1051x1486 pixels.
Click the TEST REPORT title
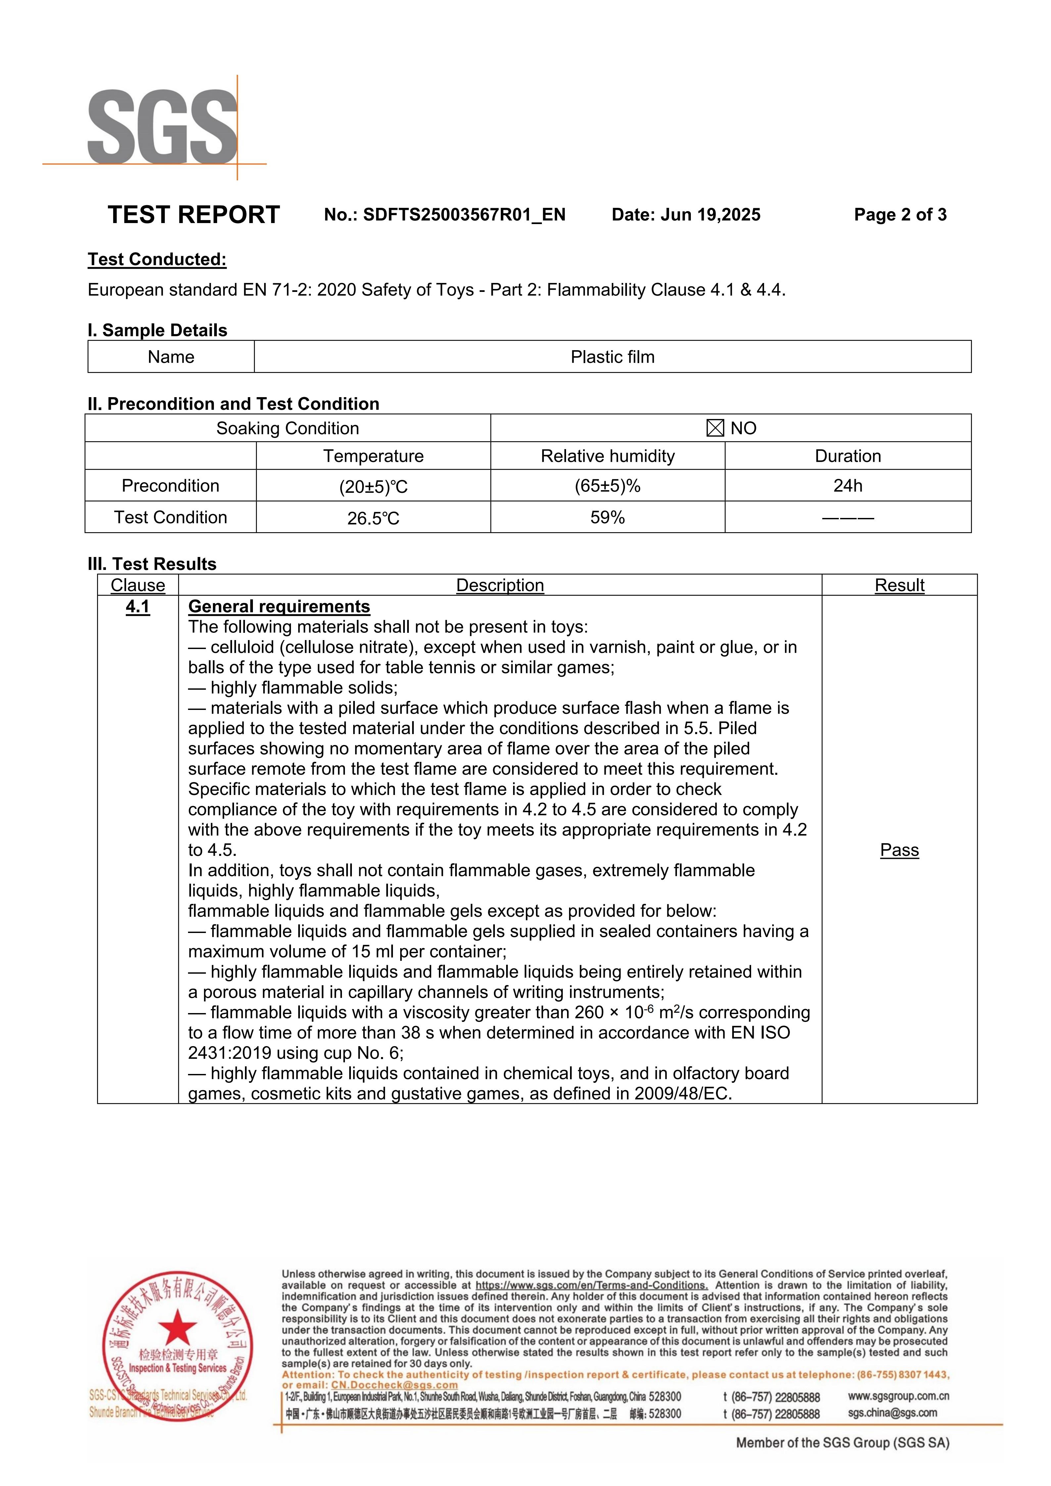click(194, 215)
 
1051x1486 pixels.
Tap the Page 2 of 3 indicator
click(900, 215)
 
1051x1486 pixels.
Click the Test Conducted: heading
click(157, 259)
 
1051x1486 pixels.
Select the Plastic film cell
click(612, 357)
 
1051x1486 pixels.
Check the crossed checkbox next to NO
click(715, 429)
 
